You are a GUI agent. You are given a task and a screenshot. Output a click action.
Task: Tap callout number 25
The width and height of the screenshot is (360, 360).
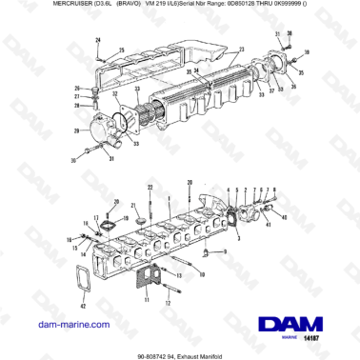(x=120, y=49)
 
